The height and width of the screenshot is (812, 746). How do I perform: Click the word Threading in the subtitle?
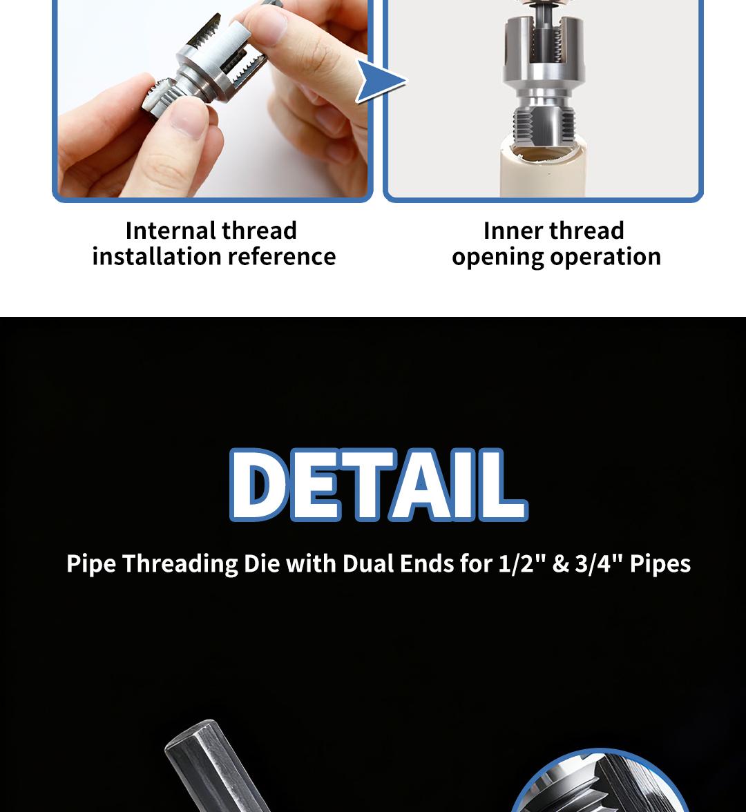181,563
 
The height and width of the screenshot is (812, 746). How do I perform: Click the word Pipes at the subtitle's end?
660,563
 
